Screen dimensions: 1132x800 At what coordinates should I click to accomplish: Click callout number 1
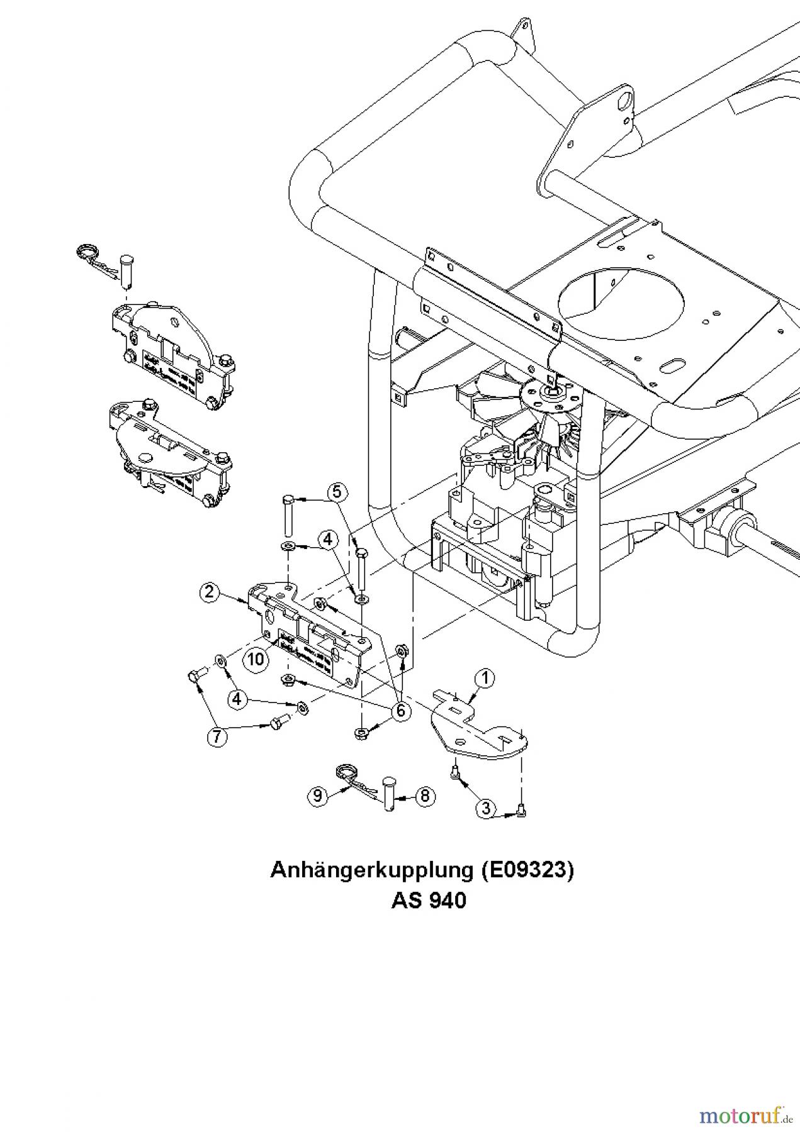pos(484,678)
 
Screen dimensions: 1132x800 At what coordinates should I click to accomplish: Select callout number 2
pos(209,591)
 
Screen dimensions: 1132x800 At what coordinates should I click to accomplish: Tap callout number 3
pos(485,807)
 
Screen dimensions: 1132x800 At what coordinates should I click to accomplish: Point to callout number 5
pos(337,491)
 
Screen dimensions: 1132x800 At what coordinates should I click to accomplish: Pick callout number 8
pos(425,796)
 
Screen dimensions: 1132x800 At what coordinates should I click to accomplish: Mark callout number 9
pos(317,796)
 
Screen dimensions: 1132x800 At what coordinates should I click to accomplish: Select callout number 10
pos(255,660)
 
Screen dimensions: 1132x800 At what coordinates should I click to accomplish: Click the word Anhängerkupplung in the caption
pos(371,870)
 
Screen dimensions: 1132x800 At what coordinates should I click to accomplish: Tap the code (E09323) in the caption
pos(527,870)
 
